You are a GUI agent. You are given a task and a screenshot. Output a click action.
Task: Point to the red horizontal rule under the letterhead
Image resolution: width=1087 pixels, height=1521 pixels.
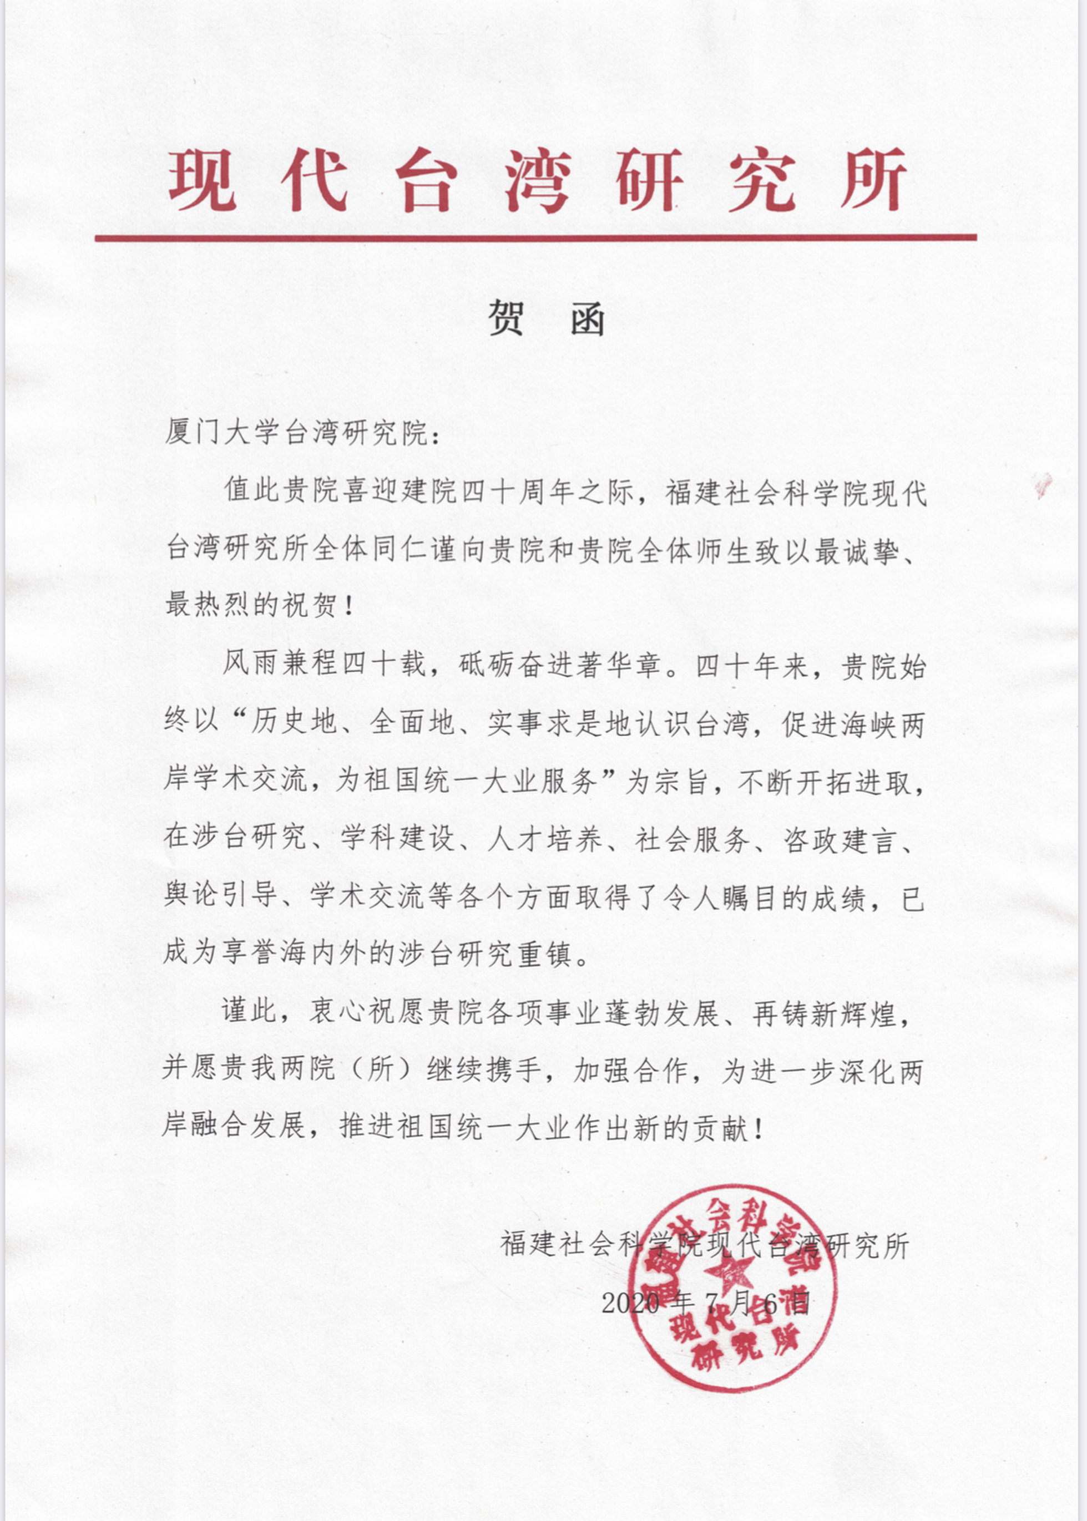click(x=535, y=237)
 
